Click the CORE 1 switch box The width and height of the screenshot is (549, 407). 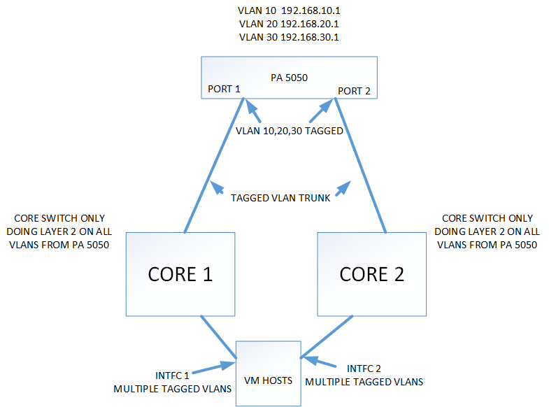(180, 274)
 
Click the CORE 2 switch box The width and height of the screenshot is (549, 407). (371, 274)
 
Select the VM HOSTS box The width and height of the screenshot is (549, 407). (268, 373)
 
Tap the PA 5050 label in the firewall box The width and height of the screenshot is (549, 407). (289, 78)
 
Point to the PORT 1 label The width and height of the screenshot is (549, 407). (224, 90)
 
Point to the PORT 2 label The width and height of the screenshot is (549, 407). (354, 92)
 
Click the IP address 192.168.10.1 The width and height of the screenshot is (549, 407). (314, 10)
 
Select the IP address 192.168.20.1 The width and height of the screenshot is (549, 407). (314, 23)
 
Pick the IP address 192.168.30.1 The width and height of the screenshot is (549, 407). (314, 36)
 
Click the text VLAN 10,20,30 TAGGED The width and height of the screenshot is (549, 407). (288, 131)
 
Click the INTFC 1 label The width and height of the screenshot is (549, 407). (170, 374)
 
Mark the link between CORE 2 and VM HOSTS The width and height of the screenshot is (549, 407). (325, 338)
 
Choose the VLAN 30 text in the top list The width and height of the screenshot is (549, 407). (253, 36)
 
